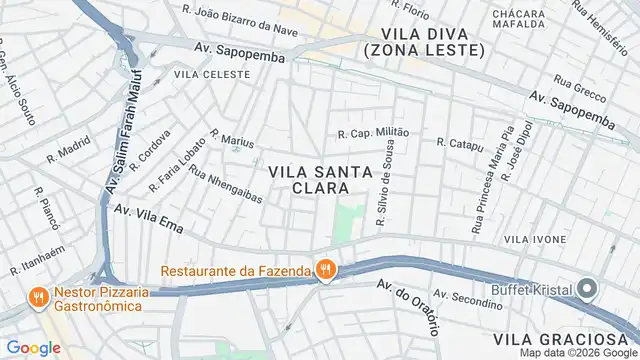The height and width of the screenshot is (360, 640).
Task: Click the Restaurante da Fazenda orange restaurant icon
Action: pos(325,269)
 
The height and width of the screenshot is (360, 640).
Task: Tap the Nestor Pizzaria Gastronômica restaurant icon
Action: pos(37,297)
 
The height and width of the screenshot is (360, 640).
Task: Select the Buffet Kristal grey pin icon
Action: pos(587,291)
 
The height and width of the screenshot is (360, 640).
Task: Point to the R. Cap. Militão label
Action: pos(374,133)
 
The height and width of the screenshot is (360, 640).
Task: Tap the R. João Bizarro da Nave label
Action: pos(241,18)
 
